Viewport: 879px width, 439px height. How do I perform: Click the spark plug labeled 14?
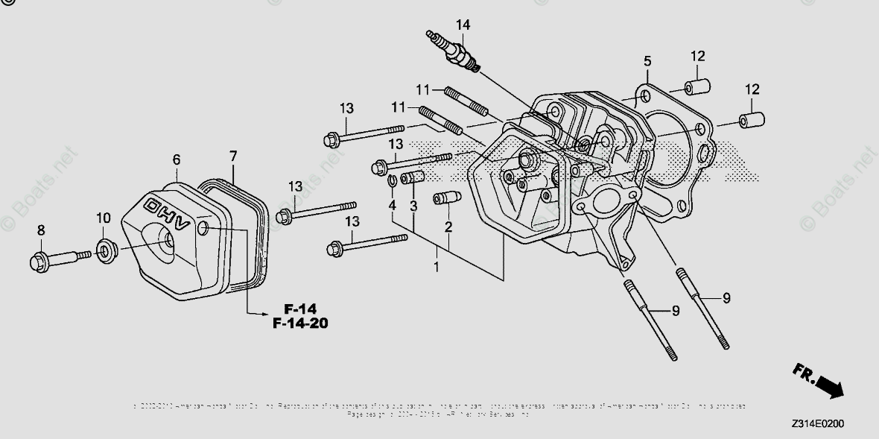(x=452, y=50)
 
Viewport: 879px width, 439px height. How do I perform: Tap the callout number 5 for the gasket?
(x=647, y=60)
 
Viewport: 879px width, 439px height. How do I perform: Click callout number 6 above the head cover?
(x=177, y=160)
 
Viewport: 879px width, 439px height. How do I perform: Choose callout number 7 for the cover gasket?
(x=233, y=157)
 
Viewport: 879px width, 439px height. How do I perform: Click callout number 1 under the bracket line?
(x=437, y=265)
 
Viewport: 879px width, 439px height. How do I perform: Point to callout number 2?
(x=448, y=227)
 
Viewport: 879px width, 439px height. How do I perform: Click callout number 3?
(x=412, y=204)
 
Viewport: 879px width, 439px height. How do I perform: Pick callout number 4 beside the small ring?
(x=391, y=204)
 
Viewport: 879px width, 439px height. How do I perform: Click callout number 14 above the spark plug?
(x=463, y=25)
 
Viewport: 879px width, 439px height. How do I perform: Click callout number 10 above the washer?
(x=103, y=218)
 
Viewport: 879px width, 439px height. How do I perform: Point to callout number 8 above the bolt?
(x=41, y=230)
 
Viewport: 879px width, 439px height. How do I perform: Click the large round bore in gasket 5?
(x=670, y=160)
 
